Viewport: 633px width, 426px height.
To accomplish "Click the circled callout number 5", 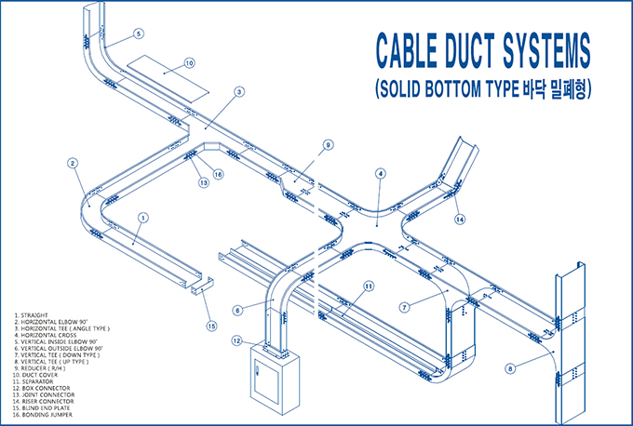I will (x=139, y=33).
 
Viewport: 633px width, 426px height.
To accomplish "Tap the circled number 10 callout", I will (x=189, y=63).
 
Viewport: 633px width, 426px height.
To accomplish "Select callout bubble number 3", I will (x=239, y=92).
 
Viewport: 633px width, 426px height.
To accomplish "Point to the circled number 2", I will (x=73, y=163).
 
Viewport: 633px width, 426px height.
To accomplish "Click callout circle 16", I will (x=218, y=173).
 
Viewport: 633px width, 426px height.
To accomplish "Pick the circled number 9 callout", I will (x=328, y=145).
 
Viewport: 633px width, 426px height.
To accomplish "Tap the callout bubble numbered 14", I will (x=460, y=220).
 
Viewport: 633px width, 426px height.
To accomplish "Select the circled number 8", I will (x=510, y=369).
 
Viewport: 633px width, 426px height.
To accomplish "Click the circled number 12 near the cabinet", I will (x=237, y=340).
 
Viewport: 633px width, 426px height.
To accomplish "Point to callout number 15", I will (x=211, y=326).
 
